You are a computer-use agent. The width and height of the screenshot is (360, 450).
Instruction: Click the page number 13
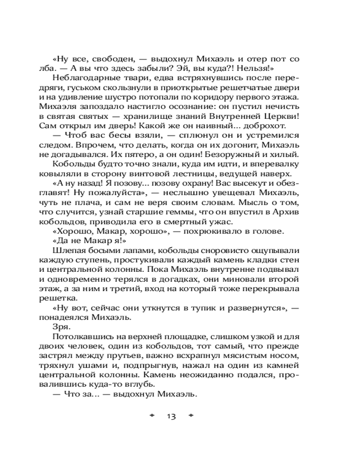click(x=171, y=416)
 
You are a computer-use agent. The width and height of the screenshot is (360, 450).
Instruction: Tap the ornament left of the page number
click(x=152, y=415)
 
